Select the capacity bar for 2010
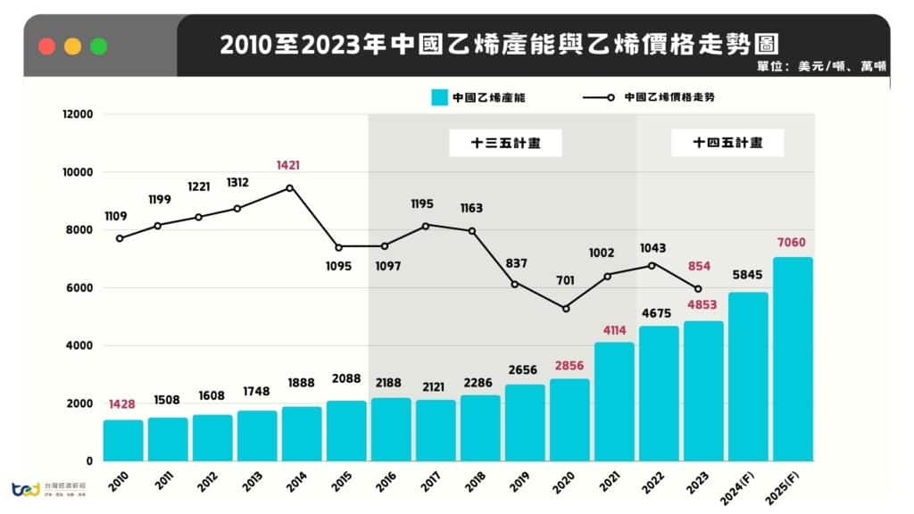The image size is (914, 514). click(122, 440)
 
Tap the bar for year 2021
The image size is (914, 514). click(614, 402)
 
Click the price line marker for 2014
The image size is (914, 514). click(289, 187)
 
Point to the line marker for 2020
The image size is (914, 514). click(566, 309)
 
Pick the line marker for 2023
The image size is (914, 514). click(698, 288)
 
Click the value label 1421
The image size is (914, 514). click(289, 165)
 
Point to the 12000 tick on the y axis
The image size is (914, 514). click(77, 114)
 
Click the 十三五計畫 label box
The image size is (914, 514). click(505, 143)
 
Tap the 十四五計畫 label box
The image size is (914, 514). click(727, 143)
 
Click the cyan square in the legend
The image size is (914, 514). click(437, 97)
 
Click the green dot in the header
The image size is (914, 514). click(98, 46)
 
